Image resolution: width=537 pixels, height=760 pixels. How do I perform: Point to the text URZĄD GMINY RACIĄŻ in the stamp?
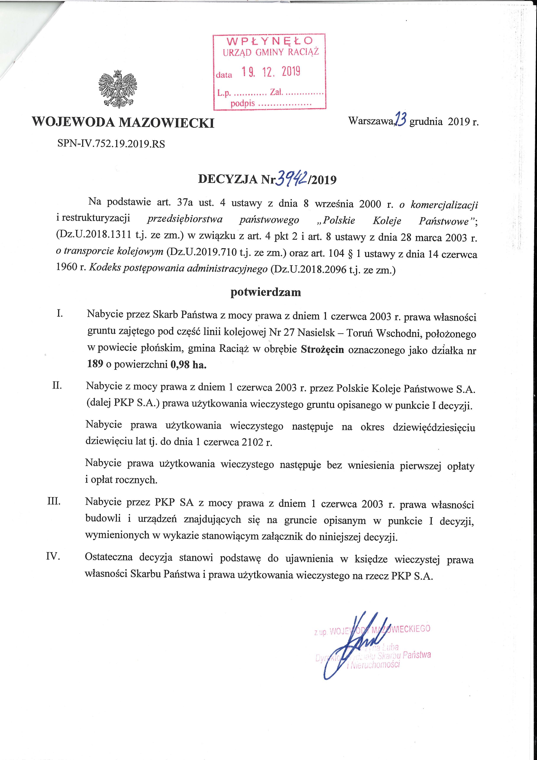[271, 53]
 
